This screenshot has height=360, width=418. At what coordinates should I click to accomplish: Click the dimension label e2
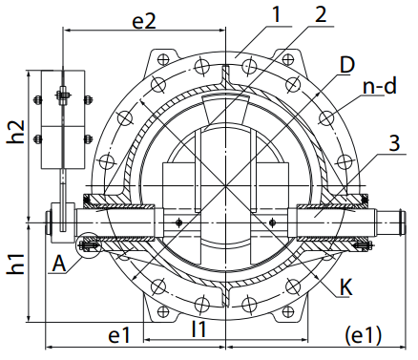(x=144, y=22)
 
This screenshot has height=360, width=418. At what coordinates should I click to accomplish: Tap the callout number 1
(x=277, y=14)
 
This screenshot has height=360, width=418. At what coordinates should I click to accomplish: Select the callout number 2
(x=321, y=14)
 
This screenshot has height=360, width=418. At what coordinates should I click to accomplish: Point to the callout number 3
(x=394, y=143)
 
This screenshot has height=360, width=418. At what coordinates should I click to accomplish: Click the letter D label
(x=346, y=65)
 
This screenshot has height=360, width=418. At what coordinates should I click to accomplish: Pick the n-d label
(x=380, y=86)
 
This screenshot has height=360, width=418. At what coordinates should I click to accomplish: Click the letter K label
(x=346, y=287)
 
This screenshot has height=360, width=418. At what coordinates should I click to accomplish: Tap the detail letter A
(x=59, y=264)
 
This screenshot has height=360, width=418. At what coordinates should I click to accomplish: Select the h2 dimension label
(x=16, y=132)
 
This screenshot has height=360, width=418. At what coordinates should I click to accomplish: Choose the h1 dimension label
(x=16, y=264)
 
